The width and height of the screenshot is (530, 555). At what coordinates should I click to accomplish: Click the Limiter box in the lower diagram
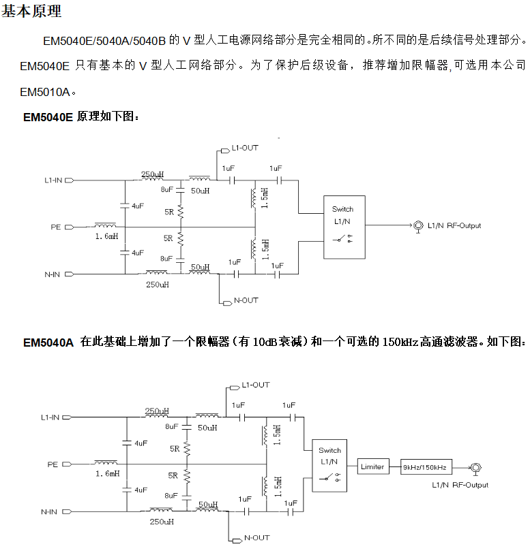(x=372, y=466)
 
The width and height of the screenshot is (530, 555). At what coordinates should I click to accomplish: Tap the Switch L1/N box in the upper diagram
(x=343, y=226)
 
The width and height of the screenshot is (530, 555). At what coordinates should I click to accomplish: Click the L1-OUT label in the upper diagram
(x=245, y=148)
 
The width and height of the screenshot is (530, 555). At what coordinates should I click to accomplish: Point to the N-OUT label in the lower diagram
(x=256, y=538)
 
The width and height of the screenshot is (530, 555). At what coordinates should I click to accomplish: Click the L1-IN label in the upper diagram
(x=53, y=180)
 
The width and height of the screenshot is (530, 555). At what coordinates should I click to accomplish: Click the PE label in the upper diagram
(x=56, y=226)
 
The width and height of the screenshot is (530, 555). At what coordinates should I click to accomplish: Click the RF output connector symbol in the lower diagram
(x=475, y=467)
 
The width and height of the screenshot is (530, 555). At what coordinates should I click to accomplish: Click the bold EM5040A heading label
(x=48, y=342)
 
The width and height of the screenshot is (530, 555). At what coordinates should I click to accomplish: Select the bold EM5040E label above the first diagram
(x=48, y=117)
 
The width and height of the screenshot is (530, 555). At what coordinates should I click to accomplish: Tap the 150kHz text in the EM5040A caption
(x=401, y=341)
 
